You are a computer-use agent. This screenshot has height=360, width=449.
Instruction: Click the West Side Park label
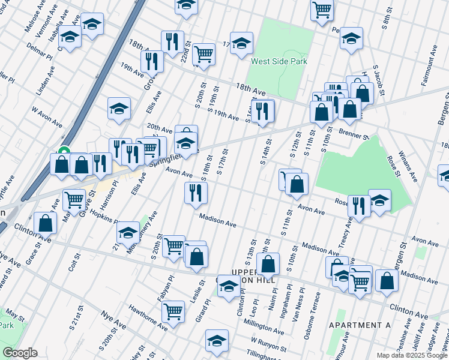[x=279, y=61]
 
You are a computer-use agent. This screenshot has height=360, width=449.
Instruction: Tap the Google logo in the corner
[x=20, y=353]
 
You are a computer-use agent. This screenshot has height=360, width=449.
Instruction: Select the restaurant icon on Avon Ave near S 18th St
[x=196, y=193]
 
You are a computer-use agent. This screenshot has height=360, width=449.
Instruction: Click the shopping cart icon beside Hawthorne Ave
[x=173, y=312]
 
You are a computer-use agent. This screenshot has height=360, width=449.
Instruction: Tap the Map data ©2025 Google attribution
[x=411, y=355]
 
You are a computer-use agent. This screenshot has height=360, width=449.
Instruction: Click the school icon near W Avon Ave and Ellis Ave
[x=119, y=109]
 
